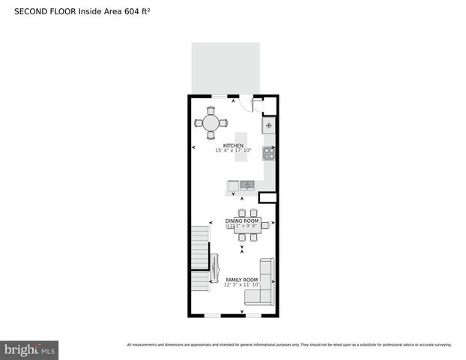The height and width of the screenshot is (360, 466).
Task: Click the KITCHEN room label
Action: tap(233, 145)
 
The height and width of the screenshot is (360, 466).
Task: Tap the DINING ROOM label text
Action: tap(242, 220)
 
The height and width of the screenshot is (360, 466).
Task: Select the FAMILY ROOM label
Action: tap(242, 279)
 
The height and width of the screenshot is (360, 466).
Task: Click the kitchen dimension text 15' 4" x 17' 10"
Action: tap(233, 151)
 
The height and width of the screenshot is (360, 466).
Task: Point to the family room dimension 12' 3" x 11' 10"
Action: tap(242, 285)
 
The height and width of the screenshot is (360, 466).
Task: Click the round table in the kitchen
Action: tap(211, 123)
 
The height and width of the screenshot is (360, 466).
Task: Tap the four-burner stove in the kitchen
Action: tap(268, 153)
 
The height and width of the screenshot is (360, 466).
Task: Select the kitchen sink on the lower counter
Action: tap(247, 184)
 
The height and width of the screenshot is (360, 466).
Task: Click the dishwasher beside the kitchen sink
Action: tap(233, 185)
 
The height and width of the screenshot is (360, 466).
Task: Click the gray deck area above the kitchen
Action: tap(226, 67)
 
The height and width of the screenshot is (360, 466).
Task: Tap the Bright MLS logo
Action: tap(30, 349)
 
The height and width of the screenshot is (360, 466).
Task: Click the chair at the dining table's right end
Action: tap(265, 225)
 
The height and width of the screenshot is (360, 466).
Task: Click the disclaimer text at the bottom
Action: tap(289, 344)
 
